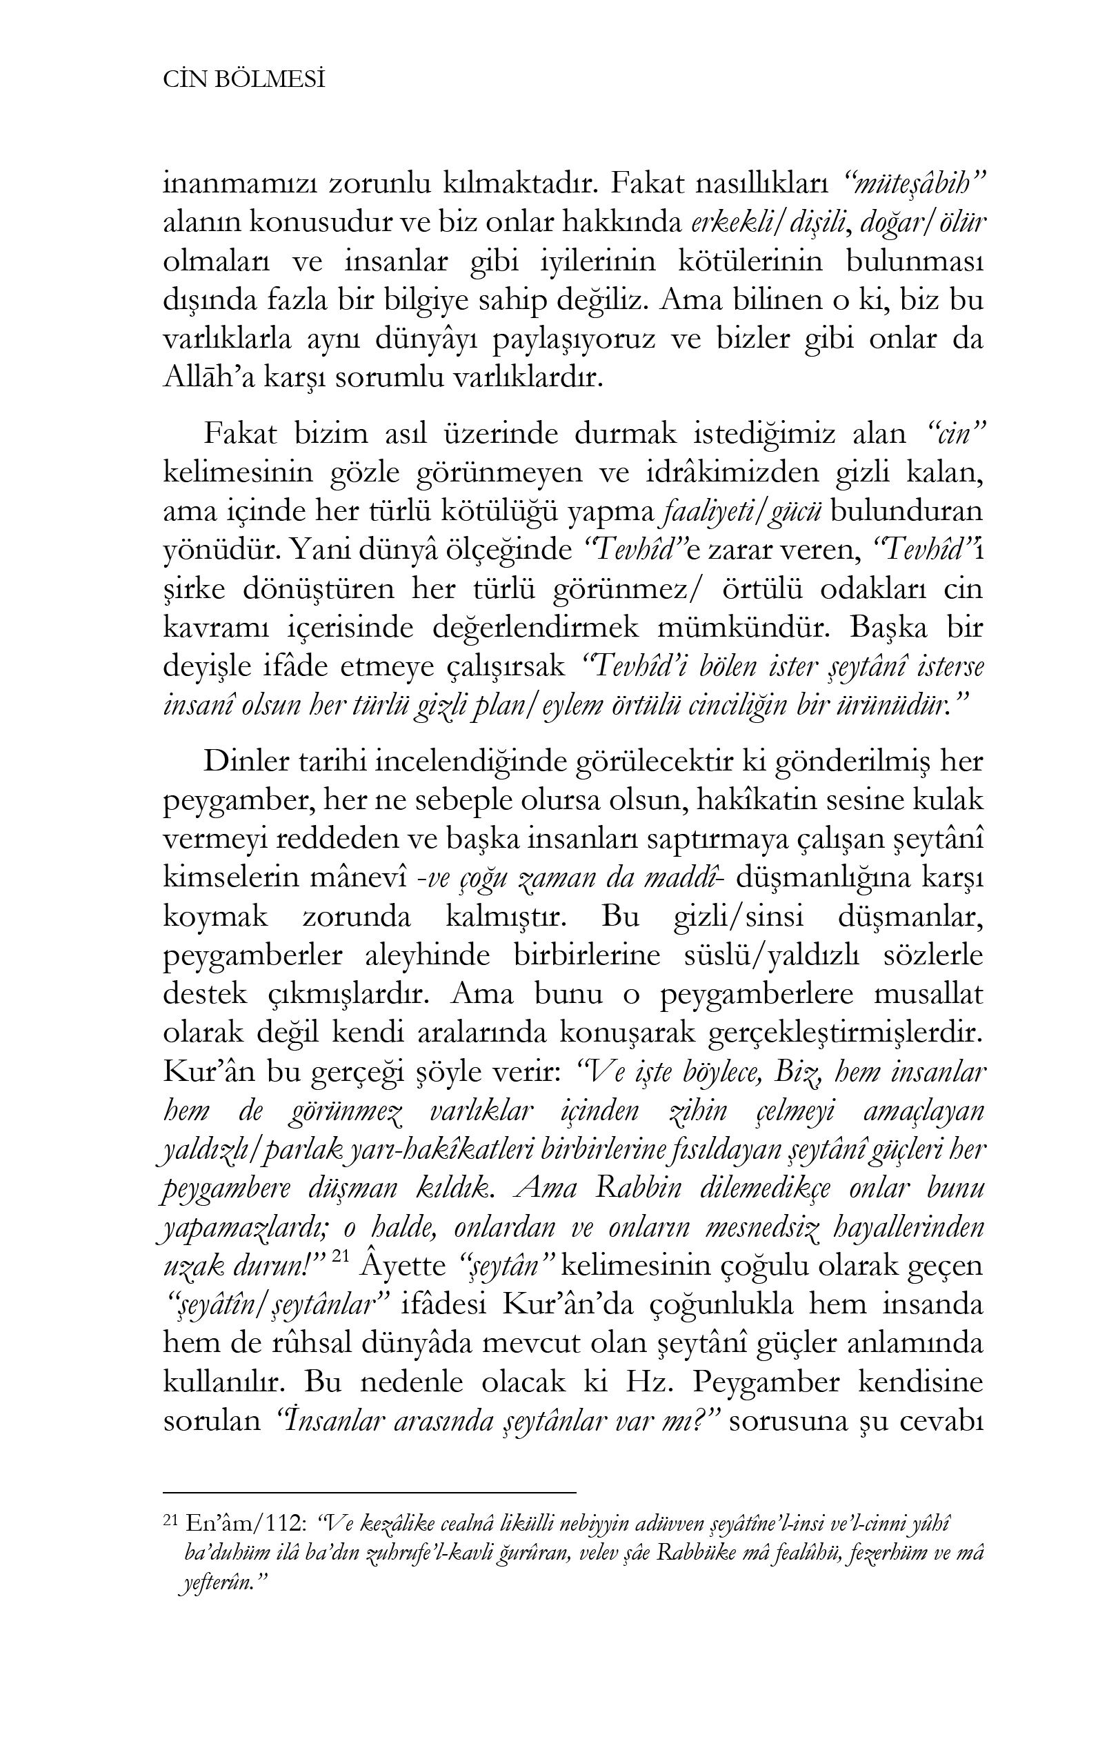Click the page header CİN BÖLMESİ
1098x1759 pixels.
[243, 81]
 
